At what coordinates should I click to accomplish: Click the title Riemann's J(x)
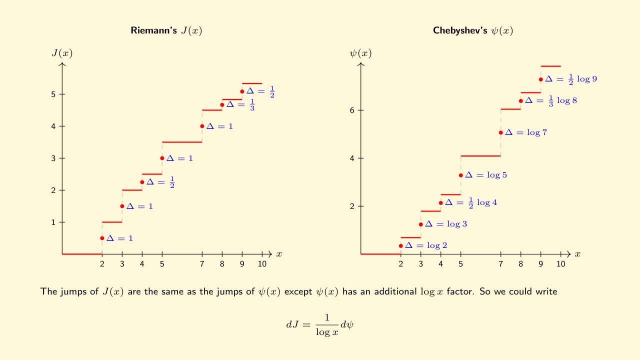[166, 30]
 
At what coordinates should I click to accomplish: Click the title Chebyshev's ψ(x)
[473, 30]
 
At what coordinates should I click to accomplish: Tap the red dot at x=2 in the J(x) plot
[102, 238]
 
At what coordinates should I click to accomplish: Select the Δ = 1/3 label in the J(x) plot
[240, 104]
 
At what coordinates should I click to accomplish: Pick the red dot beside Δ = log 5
[460, 175]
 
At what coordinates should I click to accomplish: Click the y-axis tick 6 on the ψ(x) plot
[353, 110]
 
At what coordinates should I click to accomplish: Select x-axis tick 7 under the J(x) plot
[202, 264]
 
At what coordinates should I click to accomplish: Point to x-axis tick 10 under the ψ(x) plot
[561, 264]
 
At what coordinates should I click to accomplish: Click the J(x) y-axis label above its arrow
[62, 53]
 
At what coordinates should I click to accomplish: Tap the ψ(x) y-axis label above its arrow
[360, 53]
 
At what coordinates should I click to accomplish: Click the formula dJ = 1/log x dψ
[320, 324]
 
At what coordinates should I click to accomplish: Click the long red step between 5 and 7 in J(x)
[182, 142]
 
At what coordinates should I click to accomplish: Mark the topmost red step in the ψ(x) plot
[550, 66]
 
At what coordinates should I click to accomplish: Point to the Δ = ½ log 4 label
[471, 202]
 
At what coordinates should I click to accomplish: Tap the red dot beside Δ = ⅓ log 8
[520, 100]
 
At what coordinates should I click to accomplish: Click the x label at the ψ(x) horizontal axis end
[577, 254]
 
